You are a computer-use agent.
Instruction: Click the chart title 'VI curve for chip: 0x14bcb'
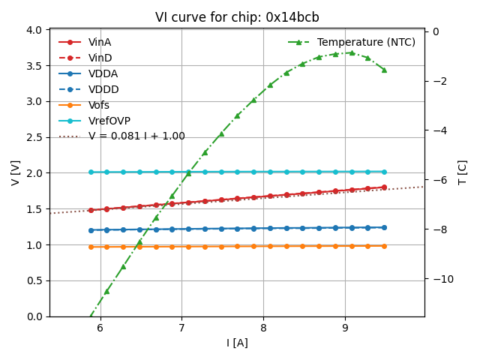coord(237,17)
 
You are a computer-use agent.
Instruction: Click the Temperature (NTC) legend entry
coord(366,42)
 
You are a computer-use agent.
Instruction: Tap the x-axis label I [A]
coord(237,343)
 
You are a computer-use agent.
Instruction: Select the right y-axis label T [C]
coord(463,172)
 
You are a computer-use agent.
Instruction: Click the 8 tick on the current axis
coord(263,327)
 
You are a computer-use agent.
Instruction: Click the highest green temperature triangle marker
coord(351,52)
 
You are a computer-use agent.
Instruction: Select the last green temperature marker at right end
coord(384,70)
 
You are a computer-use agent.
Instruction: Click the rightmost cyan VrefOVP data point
coord(384,172)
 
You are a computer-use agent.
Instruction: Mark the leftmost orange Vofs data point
coord(91,247)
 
